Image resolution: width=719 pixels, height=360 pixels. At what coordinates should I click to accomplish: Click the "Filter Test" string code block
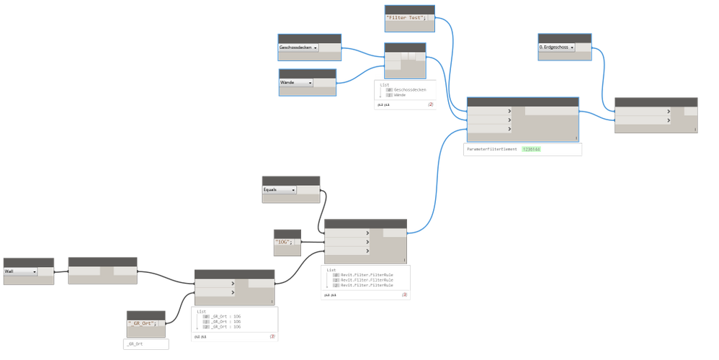[x=406, y=17]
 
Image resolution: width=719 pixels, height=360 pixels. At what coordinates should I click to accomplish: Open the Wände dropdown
[x=296, y=83]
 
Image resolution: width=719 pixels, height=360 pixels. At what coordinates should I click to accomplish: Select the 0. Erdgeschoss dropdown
[x=557, y=47]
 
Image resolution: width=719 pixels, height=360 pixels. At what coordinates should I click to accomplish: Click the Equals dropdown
[x=279, y=190]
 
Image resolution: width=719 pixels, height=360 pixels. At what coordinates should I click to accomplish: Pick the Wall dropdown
[x=21, y=272]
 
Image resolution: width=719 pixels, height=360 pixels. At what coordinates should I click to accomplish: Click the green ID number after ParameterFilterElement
[x=532, y=149]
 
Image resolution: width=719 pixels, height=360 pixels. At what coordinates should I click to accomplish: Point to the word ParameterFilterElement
[x=493, y=149]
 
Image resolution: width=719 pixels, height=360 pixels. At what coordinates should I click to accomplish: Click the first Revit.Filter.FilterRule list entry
[x=367, y=275]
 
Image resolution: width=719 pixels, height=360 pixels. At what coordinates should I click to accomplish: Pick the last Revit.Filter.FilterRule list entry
[x=367, y=285]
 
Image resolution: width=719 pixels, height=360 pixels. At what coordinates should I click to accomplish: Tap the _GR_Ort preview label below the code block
[x=135, y=345]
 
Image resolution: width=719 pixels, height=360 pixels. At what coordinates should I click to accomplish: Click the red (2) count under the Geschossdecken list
[x=430, y=105]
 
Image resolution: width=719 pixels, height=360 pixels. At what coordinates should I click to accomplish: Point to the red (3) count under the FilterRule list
[x=405, y=294]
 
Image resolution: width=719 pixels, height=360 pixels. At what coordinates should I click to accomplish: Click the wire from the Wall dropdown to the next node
[x=61, y=272]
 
